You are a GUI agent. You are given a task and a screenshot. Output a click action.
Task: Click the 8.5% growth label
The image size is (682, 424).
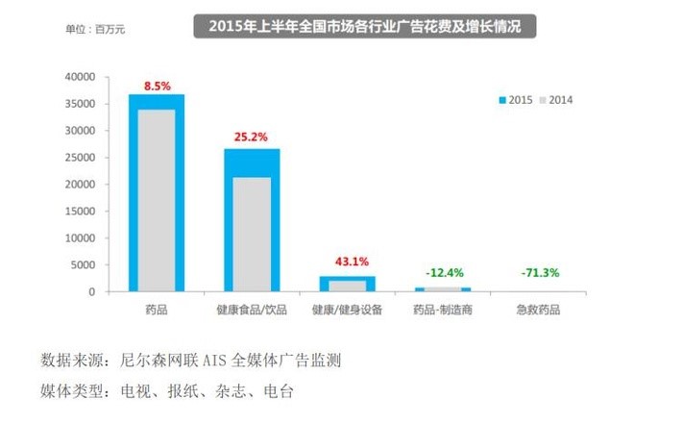[157, 86]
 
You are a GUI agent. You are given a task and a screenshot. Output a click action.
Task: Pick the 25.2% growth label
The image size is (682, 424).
[252, 137]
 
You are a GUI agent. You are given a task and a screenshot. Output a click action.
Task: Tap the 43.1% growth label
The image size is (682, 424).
[347, 262]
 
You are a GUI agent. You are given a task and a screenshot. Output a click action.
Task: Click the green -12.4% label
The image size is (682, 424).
[442, 273]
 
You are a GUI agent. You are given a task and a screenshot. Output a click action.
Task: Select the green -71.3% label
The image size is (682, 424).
[536, 273]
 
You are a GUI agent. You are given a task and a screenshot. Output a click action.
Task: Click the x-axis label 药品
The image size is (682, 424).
[157, 311]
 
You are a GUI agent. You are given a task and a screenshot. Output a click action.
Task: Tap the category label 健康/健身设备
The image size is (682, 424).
[347, 311]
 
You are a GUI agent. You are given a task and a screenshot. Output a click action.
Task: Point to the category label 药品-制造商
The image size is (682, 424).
[442, 311]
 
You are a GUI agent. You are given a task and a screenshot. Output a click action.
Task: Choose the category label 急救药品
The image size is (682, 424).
[536, 311]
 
